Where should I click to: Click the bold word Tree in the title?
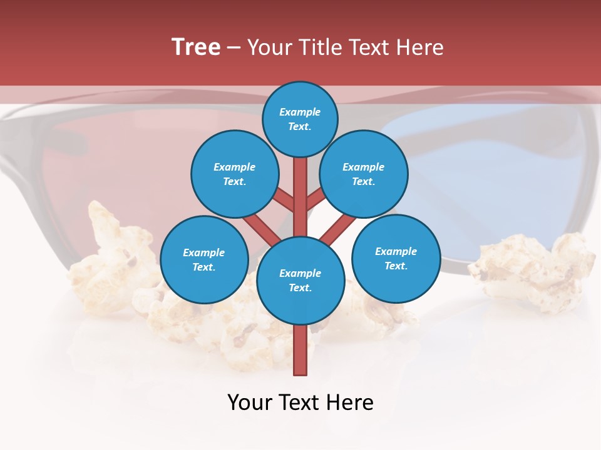coord(196,47)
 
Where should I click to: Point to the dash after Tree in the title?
coord(234,47)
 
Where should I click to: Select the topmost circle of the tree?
coord(300,119)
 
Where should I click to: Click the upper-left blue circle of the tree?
coord(234,174)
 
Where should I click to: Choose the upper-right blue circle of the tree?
coord(364,174)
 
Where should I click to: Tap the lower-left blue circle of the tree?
coord(204,259)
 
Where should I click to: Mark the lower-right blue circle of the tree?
coord(396,258)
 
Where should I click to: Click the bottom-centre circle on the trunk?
coord(300,281)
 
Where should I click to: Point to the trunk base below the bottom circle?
coord(300,353)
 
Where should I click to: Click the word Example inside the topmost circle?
coord(300,112)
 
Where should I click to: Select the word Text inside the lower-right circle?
coord(396,266)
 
